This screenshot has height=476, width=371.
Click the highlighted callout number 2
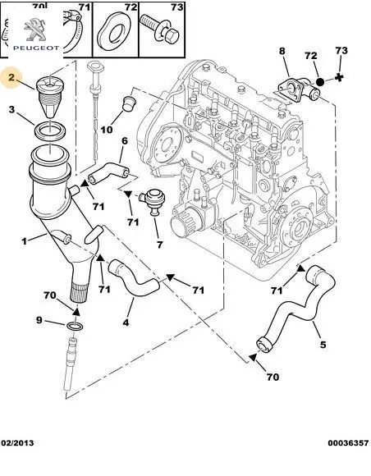point(11,77)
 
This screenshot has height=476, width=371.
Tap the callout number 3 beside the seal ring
point(11,109)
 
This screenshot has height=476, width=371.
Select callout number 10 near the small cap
point(107,130)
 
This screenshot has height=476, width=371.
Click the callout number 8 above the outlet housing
point(282,51)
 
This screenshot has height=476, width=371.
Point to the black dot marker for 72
point(319,82)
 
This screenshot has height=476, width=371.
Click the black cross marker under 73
point(339,78)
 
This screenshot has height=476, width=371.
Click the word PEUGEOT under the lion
point(36,48)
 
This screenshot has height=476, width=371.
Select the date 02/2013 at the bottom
point(17,443)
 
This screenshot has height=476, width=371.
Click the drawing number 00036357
point(348,443)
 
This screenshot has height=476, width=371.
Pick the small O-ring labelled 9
point(75,327)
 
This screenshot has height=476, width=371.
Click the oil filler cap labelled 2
point(49,97)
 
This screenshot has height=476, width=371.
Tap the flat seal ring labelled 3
point(49,130)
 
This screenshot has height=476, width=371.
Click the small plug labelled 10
point(129,103)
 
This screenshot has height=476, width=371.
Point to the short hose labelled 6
point(108,172)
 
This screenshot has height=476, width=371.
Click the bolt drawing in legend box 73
point(160,30)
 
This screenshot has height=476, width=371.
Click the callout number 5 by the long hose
point(323,345)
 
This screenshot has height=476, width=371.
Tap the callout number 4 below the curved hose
point(126,323)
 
